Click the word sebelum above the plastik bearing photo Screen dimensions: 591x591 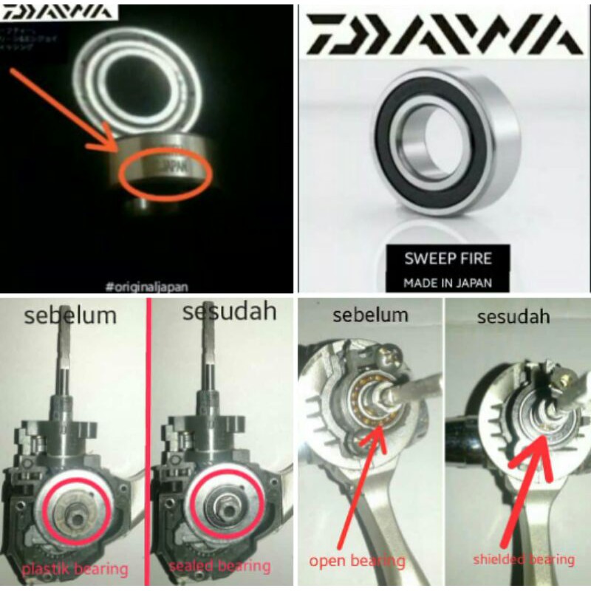point(71,315)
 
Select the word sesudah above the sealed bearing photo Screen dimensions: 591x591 point(229,312)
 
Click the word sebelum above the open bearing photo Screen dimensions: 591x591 point(371,315)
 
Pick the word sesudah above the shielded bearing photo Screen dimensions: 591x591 point(513,317)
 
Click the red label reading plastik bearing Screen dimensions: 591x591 point(74,569)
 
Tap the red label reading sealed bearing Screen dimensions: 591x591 point(220,567)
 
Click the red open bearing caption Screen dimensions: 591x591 point(357,561)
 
